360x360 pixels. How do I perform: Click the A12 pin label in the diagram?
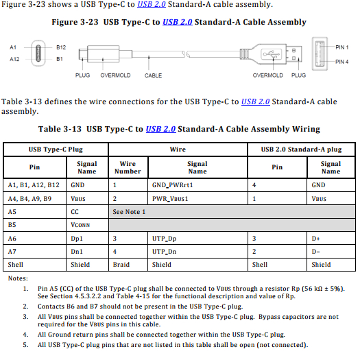tap(14, 60)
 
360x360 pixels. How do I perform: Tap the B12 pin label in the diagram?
tap(61, 47)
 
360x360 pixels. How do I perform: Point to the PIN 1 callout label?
tap(341, 47)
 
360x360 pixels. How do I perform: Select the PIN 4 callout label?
tap(341, 62)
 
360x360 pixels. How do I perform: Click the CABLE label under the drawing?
tap(153, 75)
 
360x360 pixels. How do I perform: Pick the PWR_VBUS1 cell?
tap(170, 198)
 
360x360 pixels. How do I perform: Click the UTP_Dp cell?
tap(165, 238)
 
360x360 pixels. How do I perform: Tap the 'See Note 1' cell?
tap(129, 212)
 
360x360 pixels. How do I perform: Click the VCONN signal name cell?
tap(80, 225)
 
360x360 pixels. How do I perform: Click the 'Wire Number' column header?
tap(128, 167)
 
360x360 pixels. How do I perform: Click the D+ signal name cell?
tap(316, 238)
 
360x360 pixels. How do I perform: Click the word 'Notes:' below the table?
tap(18, 278)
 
